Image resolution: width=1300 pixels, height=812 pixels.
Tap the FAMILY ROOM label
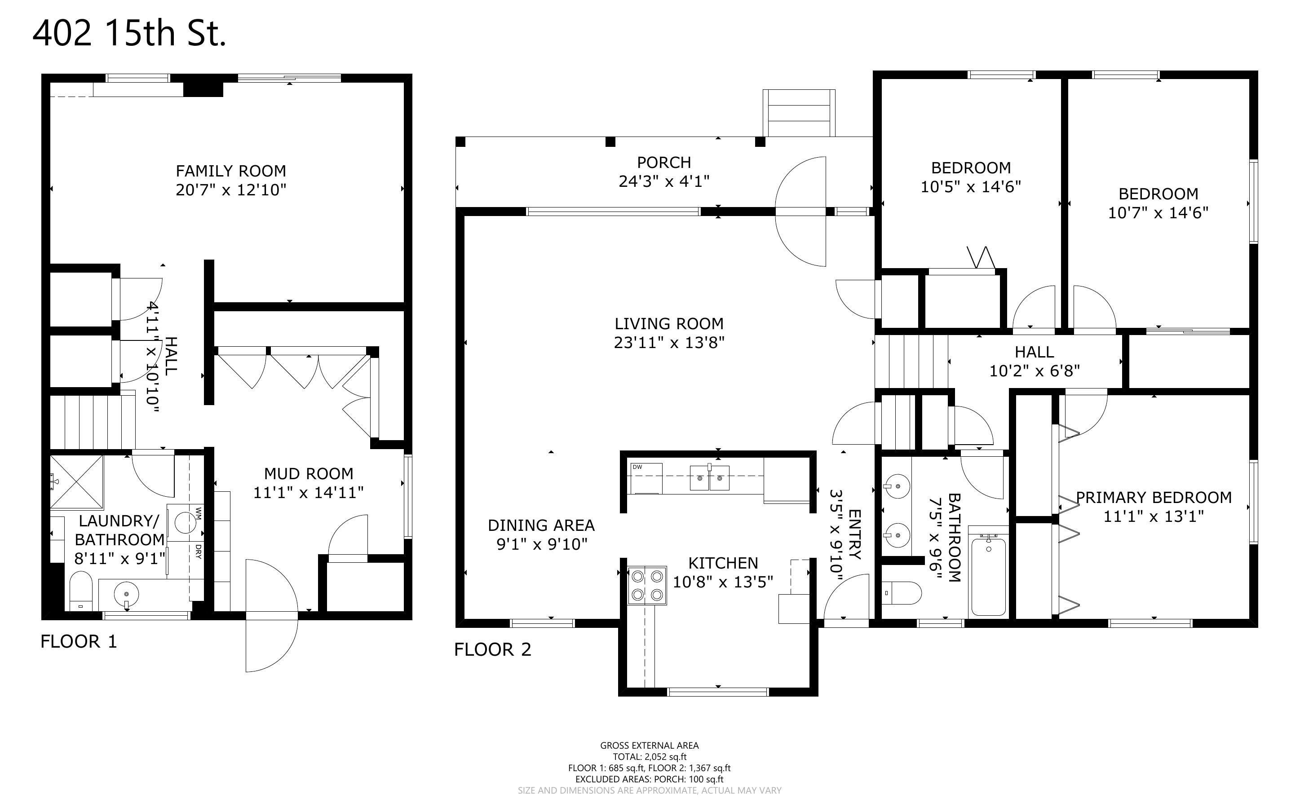(x=231, y=171)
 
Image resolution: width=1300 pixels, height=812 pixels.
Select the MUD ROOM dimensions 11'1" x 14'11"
(x=308, y=493)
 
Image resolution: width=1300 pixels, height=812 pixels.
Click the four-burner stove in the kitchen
(x=647, y=585)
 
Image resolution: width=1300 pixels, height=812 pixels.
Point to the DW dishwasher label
(x=637, y=467)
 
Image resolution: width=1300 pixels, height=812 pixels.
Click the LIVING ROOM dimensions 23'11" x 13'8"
(x=669, y=342)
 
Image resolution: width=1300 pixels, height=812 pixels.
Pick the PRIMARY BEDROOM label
(x=1154, y=497)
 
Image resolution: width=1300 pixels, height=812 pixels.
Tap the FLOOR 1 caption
(x=79, y=641)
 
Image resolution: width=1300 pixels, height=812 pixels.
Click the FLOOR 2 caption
(x=492, y=649)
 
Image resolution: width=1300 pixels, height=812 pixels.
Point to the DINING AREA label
(x=541, y=525)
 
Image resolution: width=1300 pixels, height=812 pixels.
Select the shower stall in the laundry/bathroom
(x=76, y=482)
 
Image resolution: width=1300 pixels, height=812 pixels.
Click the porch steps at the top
(x=799, y=113)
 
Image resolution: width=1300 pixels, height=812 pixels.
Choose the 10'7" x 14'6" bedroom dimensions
(x=1158, y=213)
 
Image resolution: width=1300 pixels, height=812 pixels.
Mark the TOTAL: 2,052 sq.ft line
(x=650, y=757)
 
